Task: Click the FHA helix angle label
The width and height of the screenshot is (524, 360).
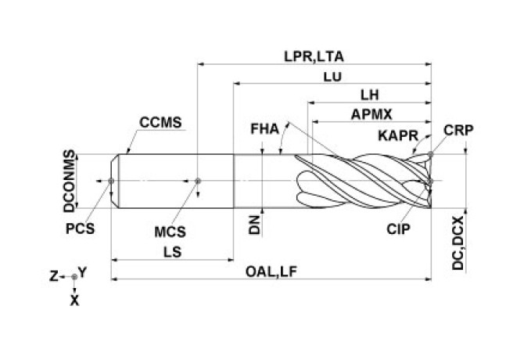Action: [x=264, y=128]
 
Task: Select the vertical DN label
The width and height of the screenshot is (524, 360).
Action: [x=253, y=225]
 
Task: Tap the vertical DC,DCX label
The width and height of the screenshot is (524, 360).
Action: [x=458, y=243]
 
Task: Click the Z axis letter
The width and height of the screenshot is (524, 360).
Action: [x=53, y=275]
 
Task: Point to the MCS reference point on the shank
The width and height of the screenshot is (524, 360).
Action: [x=199, y=182]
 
